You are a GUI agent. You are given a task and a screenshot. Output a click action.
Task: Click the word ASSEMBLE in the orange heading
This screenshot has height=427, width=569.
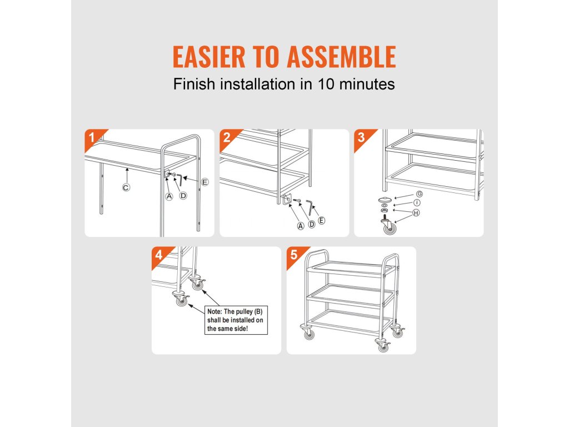[x=341, y=57]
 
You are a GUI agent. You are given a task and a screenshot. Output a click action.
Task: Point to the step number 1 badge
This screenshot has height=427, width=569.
[x=92, y=138]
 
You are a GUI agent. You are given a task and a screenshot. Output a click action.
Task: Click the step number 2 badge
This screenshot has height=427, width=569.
[x=227, y=138]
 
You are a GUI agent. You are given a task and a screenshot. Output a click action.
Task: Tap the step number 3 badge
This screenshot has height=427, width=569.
[x=361, y=138]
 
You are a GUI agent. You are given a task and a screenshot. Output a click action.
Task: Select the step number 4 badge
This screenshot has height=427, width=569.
[x=159, y=255]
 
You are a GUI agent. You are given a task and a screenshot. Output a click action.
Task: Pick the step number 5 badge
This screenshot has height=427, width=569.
[x=294, y=255]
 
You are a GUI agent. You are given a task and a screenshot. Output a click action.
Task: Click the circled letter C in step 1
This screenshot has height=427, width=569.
[x=126, y=188]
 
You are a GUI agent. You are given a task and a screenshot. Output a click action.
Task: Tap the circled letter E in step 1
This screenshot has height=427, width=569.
[x=205, y=182]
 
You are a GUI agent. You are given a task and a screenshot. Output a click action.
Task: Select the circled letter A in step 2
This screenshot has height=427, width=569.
[x=301, y=226]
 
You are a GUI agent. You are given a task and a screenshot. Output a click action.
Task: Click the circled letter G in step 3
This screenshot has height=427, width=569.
[x=420, y=194]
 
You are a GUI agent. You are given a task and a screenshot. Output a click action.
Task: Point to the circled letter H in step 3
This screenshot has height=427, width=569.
[x=416, y=213]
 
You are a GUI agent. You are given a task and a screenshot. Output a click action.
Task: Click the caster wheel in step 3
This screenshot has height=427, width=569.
[x=388, y=226]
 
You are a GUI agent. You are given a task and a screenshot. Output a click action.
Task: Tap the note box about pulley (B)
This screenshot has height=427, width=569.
[x=236, y=320]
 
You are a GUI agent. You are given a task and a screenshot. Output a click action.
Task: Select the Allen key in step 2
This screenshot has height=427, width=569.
[x=309, y=207]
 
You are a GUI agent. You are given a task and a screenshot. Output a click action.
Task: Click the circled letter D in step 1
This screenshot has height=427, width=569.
[x=183, y=196]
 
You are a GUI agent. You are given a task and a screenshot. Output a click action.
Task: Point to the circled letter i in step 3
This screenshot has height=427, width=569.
[x=417, y=202]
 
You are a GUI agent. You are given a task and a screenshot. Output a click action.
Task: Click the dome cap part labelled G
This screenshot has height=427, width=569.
[x=385, y=200]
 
